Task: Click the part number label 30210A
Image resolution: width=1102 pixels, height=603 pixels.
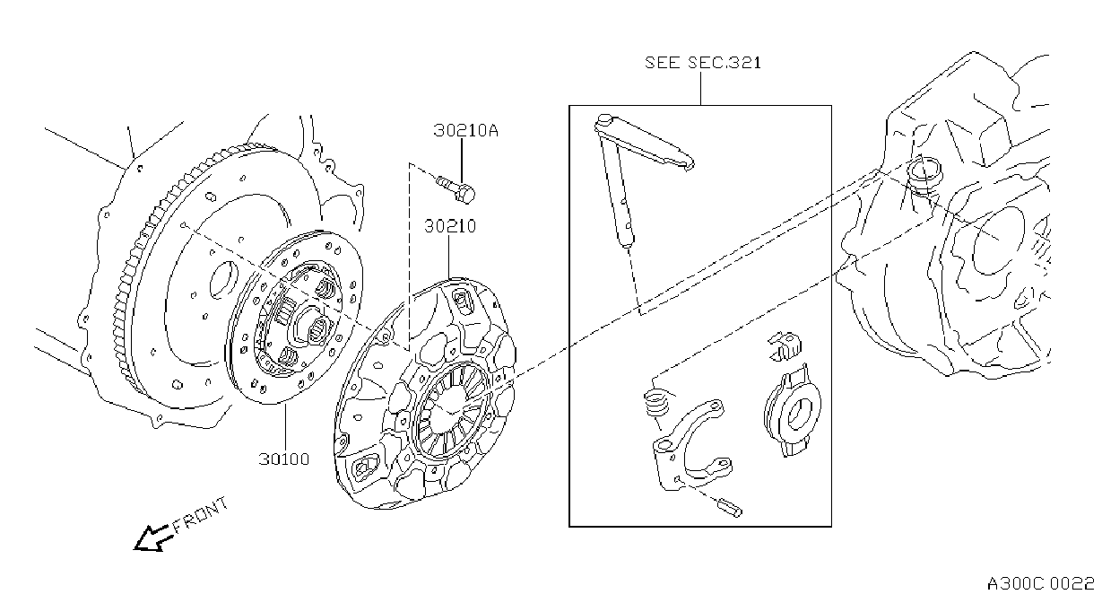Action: [x=465, y=130]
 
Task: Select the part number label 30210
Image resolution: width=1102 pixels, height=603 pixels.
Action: [x=450, y=226]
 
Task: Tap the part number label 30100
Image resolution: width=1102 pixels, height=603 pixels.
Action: [x=284, y=459]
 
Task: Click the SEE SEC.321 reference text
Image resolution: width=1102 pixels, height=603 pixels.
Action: [x=702, y=63]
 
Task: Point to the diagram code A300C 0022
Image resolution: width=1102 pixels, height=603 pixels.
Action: [x=1040, y=584]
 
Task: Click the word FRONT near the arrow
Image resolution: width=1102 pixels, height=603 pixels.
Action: [x=201, y=515]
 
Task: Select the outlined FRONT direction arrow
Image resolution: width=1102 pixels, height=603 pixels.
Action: [x=153, y=537]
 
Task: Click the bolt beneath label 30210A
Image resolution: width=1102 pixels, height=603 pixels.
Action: [x=456, y=189]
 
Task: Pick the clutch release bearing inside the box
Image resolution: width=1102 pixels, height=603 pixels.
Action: [x=792, y=411]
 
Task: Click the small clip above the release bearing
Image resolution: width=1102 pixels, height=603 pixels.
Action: [x=785, y=346]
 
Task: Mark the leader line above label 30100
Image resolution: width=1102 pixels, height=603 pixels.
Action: [x=285, y=427]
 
